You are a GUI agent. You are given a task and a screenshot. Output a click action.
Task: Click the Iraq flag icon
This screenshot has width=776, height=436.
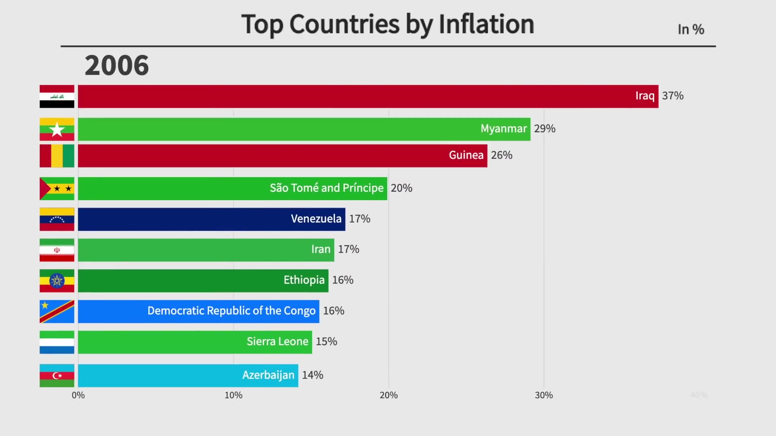coord(57,96)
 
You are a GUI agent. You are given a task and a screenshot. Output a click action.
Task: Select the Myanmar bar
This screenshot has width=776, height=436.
coord(304,129)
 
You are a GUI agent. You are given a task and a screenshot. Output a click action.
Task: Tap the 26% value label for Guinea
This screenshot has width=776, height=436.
coord(502,155)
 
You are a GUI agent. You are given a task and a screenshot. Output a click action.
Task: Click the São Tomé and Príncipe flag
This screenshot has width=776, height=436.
coord(57,189)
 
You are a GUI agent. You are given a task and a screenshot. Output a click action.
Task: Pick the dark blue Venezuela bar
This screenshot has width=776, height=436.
coord(211,219)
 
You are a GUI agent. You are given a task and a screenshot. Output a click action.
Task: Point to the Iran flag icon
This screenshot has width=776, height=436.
coord(57,250)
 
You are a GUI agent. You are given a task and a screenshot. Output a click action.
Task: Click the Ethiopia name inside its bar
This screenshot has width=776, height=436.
coord(304,280)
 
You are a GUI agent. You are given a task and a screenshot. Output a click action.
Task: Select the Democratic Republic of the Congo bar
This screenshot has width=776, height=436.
coord(198,311)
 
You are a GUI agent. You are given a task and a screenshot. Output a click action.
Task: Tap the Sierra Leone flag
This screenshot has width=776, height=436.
coord(57,342)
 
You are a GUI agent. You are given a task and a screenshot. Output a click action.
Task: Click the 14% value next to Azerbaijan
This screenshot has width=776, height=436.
coord(312,375)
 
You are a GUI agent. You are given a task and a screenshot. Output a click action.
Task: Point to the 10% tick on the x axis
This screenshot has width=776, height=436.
coord(234,395)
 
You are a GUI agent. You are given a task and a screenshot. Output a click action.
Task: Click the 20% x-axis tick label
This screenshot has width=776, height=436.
coord(388,395)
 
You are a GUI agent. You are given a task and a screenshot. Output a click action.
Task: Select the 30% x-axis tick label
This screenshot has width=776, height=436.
coord(544,395)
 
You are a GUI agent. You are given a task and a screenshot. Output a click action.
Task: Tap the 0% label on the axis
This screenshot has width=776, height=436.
coord(78,395)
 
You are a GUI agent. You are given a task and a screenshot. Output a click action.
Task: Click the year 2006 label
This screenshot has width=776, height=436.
coord(117,65)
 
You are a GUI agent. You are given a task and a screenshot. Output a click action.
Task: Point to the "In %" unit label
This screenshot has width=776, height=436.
coord(691,29)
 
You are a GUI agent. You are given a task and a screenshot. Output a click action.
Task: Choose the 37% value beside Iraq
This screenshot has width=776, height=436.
coord(673,96)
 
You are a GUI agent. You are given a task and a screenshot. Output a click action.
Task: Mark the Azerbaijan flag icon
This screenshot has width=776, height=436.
coord(57,375)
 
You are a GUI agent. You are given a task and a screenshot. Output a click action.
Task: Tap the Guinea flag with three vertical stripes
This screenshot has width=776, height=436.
coord(57,156)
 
